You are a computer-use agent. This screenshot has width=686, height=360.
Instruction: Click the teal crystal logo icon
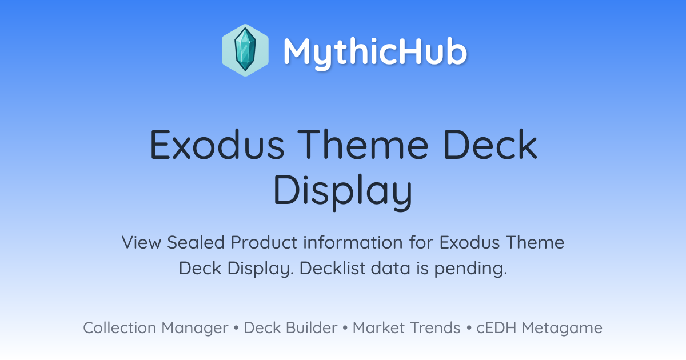point(245,50)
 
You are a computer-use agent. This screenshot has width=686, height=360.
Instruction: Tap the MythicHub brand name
point(375,52)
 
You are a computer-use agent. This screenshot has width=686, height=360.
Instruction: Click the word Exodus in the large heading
point(217,145)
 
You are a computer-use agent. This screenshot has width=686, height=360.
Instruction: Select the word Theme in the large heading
point(363,145)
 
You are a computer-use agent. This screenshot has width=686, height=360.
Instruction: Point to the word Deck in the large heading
point(490,145)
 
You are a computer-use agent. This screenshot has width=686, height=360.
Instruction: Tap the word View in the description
point(142,242)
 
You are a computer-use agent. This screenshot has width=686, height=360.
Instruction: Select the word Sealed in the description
point(196,242)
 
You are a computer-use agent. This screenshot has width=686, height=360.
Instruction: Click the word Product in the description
point(264,242)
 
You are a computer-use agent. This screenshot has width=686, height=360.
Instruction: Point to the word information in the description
point(353,242)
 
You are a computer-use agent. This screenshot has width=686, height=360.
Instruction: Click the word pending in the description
point(470,269)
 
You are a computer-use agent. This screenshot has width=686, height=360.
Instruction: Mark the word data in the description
point(390,268)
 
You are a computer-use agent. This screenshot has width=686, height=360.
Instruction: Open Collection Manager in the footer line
point(155,328)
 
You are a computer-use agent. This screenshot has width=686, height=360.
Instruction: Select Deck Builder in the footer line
point(290,327)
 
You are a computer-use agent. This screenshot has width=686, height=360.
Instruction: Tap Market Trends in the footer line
point(406,327)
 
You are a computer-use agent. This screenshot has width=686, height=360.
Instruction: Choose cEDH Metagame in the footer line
point(539,328)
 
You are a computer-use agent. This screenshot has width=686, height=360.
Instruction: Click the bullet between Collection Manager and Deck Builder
point(236,328)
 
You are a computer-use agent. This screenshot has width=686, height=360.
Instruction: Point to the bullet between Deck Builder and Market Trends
point(345,328)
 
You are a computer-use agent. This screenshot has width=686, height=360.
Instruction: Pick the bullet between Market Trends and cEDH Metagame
point(469,328)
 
